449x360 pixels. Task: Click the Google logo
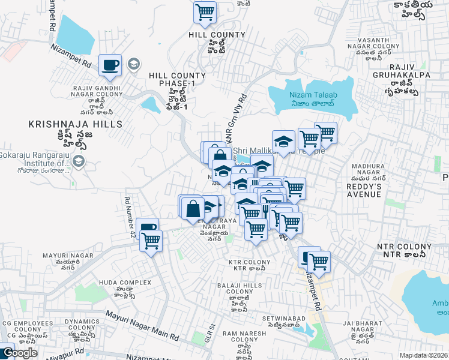point(20,353)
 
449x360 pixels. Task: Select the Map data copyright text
point(423,355)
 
